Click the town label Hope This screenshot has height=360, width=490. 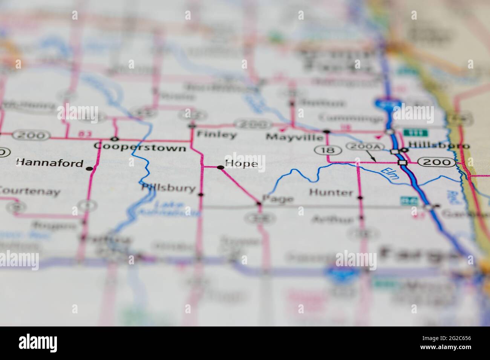click(242, 164)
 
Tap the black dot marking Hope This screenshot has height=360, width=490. click(220, 167)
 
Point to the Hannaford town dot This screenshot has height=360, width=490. click(89, 169)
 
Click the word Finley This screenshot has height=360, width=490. click(217, 135)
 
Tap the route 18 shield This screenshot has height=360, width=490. click(323, 150)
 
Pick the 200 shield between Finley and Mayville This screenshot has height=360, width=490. click(253, 124)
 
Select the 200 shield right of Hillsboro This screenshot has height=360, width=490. click(436, 162)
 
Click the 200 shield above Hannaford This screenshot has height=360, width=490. click(31, 135)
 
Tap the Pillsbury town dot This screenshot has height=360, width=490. click(201, 195)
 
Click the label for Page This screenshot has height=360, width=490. click(278, 198)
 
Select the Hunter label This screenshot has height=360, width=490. click(331, 193)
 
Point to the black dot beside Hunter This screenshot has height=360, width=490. click(360, 197)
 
